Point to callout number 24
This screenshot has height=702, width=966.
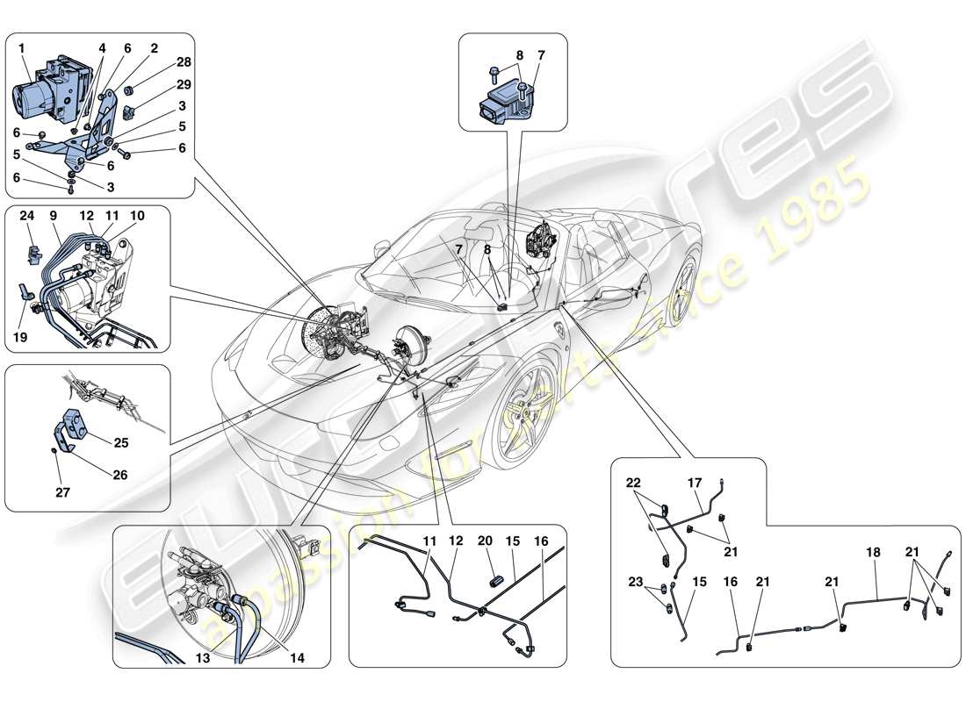tap(28, 216)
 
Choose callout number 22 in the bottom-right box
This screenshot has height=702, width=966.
tap(633, 483)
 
